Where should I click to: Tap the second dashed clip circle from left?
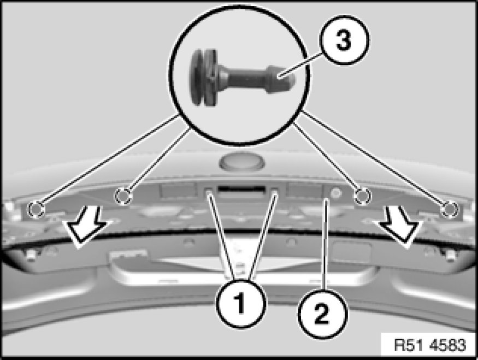tap(124, 195)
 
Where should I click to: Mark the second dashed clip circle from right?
tap(361, 196)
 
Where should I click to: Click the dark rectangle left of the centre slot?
tap(178, 190)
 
